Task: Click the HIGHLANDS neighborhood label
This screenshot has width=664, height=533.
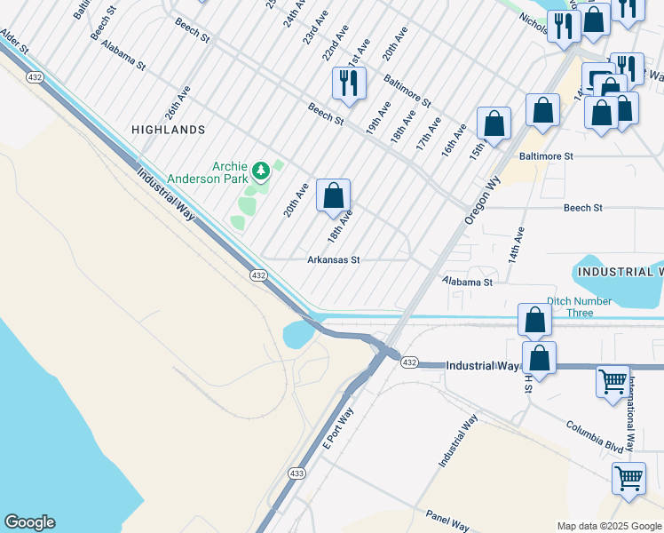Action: pyautogui.click(x=168, y=130)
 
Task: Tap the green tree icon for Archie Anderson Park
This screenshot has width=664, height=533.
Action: pyautogui.click(x=260, y=170)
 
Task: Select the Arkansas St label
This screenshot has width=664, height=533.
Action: pyautogui.click(x=333, y=260)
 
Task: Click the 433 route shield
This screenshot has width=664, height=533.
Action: pyautogui.click(x=296, y=473)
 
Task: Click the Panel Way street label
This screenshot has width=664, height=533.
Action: pyautogui.click(x=447, y=520)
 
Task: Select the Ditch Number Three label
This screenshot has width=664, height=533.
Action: pyautogui.click(x=579, y=306)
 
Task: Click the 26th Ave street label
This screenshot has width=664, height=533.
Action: pyautogui.click(x=178, y=104)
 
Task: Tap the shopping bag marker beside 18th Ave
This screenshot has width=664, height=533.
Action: pyautogui.click(x=333, y=196)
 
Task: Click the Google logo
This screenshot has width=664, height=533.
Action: pyautogui.click(x=29, y=522)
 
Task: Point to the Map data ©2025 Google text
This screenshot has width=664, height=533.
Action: pyautogui.click(x=608, y=526)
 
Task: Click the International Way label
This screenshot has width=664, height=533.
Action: pyautogui.click(x=631, y=415)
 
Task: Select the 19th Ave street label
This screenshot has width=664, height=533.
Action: pyautogui.click(x=378, y=117)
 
